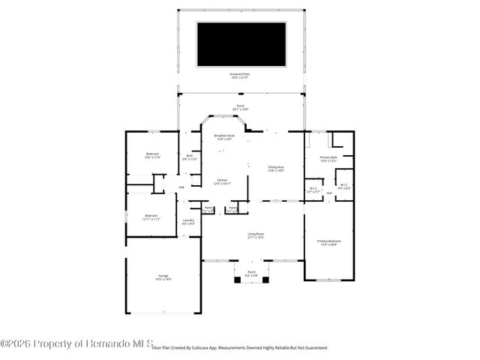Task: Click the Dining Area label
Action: coord(276,168)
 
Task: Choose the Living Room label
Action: coord(256,235)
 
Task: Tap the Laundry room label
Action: coord(188,221)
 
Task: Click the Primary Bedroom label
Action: coord(329,242)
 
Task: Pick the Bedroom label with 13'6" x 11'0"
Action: coord(152,155)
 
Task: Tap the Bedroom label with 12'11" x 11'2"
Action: coord(152,217)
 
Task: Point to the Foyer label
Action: coord(233,208)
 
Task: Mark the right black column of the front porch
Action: coord(265,280)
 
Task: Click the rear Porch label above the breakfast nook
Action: coord(241,108)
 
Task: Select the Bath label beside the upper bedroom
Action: coord(189,157)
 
